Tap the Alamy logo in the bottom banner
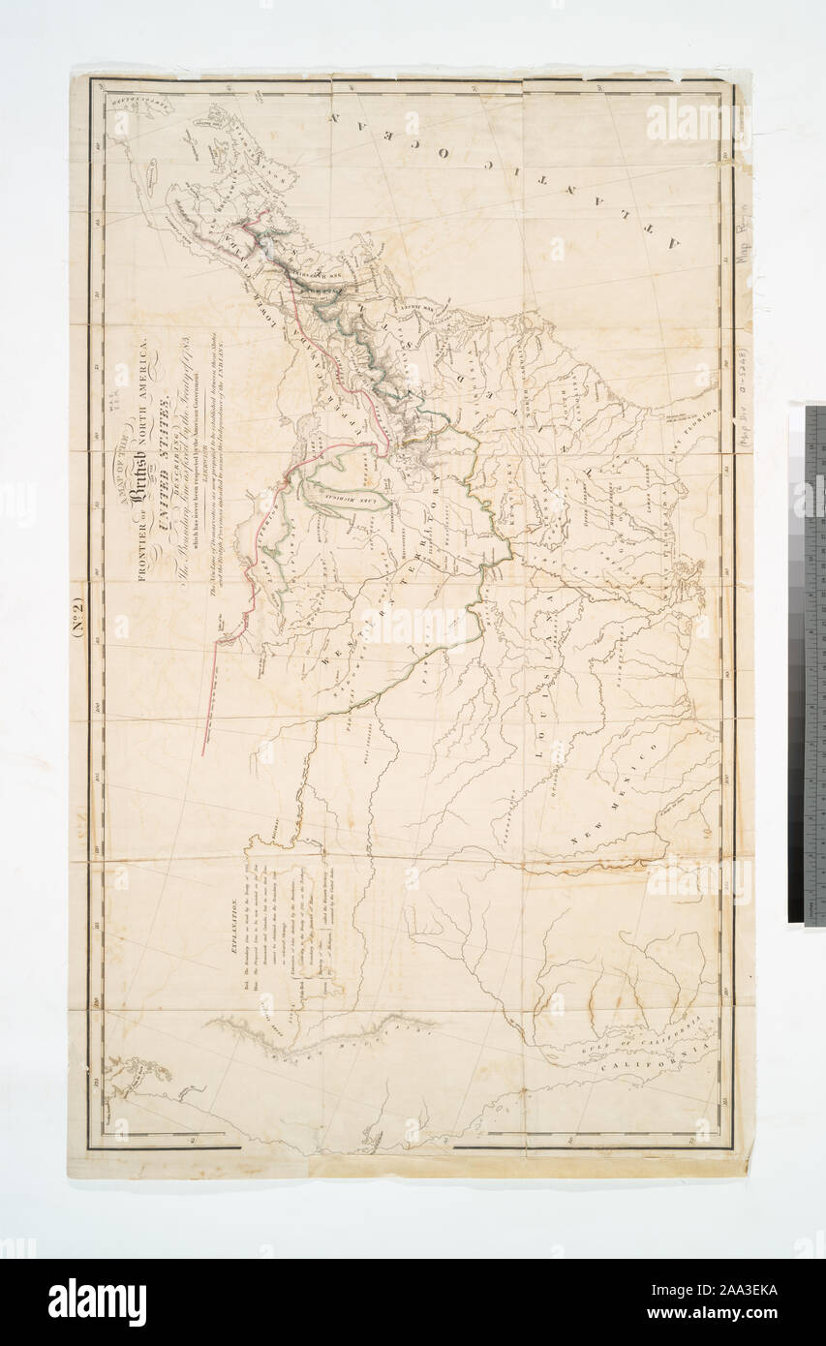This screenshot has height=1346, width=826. [97, 1302]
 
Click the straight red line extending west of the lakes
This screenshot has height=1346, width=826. [208, 697]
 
